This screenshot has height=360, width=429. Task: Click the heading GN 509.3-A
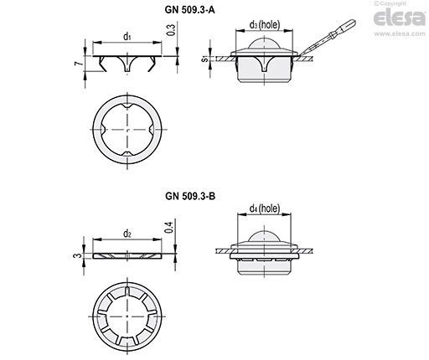click(x=189, y=10)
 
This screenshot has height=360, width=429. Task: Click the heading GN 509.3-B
click(x=190, y=196)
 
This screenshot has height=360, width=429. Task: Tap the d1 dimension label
click(x=127, y=36)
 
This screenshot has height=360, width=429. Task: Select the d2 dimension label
click(x=127, y=234)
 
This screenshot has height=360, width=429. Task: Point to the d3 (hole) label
click(x=264, y=24)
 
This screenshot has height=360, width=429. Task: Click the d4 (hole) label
click(x=265, y=208)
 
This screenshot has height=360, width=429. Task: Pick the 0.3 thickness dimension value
click(x=171, y=30)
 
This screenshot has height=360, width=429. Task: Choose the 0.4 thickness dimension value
click(x=169, y=226)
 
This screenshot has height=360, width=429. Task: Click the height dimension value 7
click(x=80, y=64)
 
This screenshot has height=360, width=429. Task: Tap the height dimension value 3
click(x=79, y=255)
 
